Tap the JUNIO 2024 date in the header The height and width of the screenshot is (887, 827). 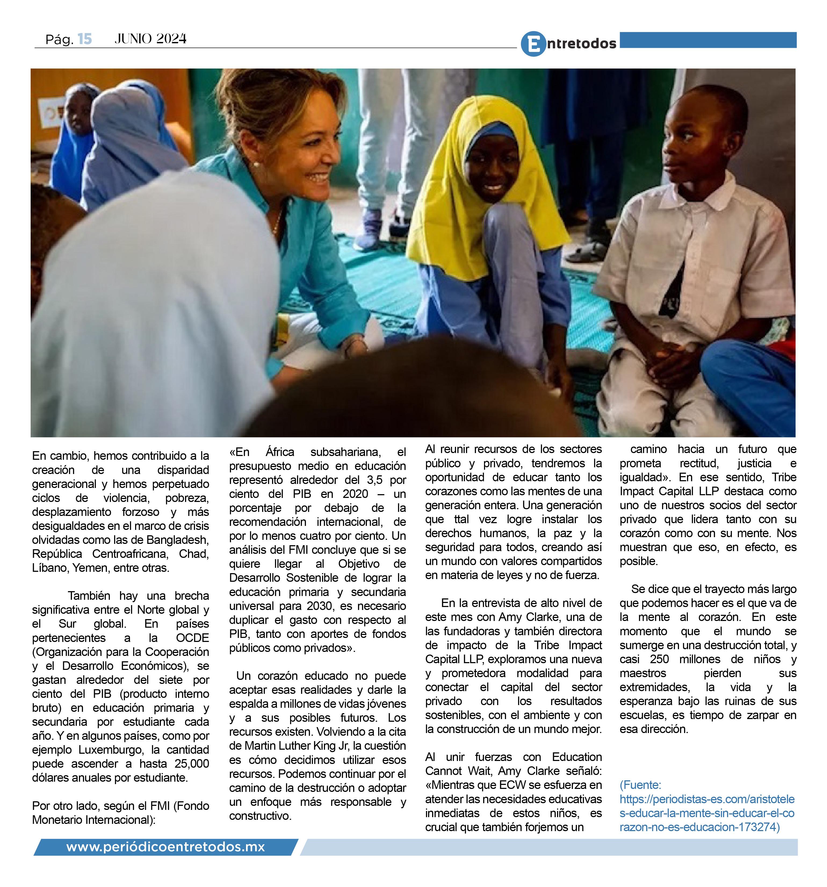tap(150, 39)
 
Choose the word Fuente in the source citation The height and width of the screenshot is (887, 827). tap(641, 785)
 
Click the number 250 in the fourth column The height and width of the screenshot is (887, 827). tap(659, 659)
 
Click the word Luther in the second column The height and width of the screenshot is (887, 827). tap(299, 746)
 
